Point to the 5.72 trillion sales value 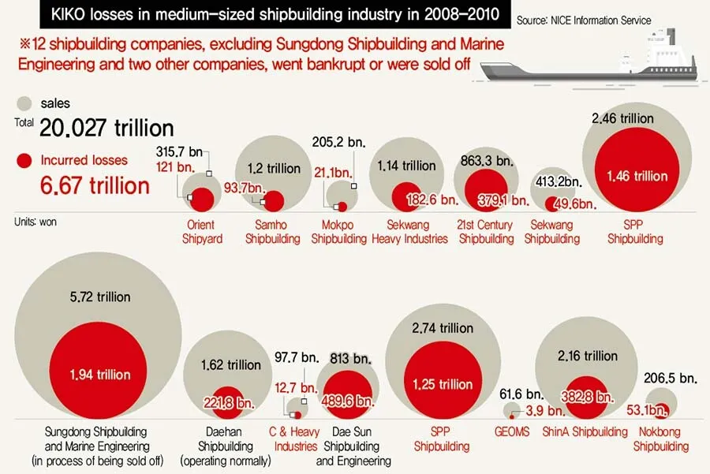click(x=99, y=297)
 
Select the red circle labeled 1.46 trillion click(x=637, y=177)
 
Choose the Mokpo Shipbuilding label click(x=339, y=232)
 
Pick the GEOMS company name click(x=514, y=431)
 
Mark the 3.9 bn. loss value click(x=545, y=411)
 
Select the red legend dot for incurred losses click(x=25, y=161)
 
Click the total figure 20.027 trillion click(x=106, y=128)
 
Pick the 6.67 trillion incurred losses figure click(x=95, y=185)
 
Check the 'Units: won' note click(x=35, y=222)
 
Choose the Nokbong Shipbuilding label click(x=661, y=439)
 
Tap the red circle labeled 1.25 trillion click(x=443, y=384)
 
